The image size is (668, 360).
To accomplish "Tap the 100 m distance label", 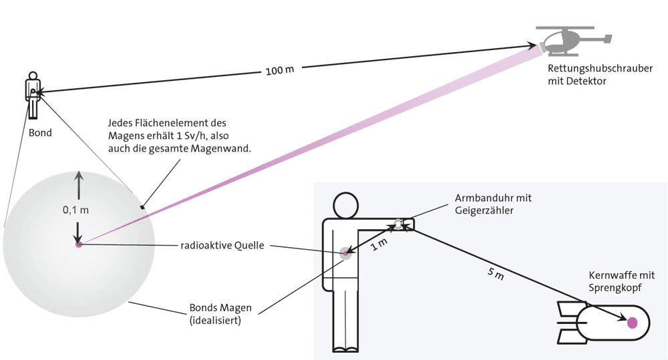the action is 280,70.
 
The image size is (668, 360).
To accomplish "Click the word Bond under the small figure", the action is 40,133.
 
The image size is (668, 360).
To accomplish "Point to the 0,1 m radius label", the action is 76,210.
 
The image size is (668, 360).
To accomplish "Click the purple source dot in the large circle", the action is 78,244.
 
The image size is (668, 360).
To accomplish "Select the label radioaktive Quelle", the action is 222,245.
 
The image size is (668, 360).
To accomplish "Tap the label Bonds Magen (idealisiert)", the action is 220,314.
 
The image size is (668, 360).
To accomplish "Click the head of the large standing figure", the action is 345,205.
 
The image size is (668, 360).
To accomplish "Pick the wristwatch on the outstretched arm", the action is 398,224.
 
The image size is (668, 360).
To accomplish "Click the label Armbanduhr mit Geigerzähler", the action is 493,204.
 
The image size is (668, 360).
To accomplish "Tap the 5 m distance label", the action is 496,274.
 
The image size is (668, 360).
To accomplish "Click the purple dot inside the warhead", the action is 632,323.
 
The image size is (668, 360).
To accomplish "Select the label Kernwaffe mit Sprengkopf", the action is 621,281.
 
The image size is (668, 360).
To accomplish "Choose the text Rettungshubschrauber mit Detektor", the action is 600,75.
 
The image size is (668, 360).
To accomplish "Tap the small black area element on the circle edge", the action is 142,208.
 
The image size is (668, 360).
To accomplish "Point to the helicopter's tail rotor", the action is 607,39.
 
